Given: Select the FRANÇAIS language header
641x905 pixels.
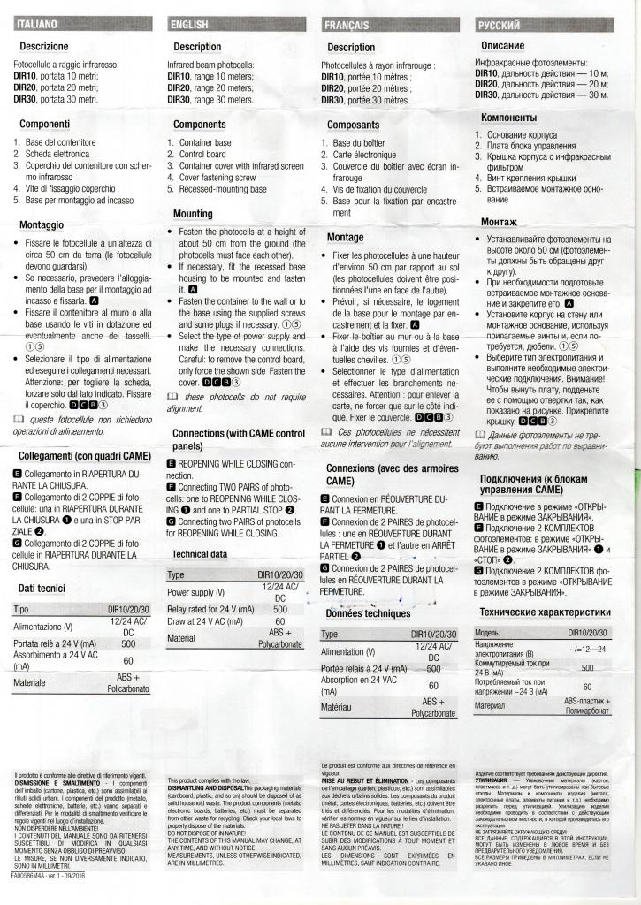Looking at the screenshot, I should tap(348, 25).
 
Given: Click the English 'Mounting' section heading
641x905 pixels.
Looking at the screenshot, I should tap(193, 214).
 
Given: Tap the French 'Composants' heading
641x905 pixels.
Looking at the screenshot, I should tap(353, 125).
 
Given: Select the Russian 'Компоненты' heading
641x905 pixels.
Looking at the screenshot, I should tap(508, 118).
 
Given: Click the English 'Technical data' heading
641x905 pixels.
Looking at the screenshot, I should tap(202, 553).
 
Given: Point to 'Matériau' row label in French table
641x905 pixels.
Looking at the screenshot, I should tap(338, 707).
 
